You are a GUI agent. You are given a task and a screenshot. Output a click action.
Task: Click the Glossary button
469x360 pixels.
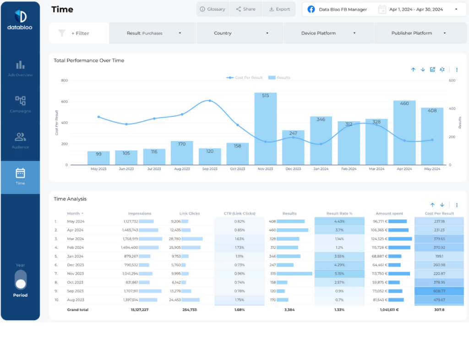tap(213, 9)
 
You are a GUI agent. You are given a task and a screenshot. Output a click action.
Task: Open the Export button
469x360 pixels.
tap(279, 9)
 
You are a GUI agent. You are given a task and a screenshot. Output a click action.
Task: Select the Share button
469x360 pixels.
tap(245, 9)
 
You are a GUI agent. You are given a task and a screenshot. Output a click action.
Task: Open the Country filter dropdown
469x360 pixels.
tap(240, 33)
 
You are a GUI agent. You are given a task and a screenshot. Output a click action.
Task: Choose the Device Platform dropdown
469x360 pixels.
tap(328, 33)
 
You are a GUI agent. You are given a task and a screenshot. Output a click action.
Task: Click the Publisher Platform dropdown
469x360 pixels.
tap(418, 33)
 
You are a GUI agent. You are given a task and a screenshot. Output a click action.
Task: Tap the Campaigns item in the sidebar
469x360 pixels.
tap(20, 104)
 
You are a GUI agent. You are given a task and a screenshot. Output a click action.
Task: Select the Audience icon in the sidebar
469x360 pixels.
tap(20, 137)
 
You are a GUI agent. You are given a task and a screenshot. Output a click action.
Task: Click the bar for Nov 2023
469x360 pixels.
tap(266, 129)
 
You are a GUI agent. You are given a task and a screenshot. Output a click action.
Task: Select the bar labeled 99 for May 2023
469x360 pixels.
tap(98, 158)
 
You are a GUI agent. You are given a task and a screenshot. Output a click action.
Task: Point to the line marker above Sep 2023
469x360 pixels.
tap(210, 100)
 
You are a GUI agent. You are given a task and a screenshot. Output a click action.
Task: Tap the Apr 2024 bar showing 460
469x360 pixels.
tap(404, 133)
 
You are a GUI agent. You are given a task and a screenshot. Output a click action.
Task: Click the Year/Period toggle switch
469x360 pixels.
tap(21, 279)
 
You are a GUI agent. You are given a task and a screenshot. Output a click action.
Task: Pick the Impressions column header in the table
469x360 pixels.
tap(140, 213)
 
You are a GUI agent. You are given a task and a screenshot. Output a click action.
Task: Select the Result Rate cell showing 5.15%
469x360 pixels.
tap(339, 273)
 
